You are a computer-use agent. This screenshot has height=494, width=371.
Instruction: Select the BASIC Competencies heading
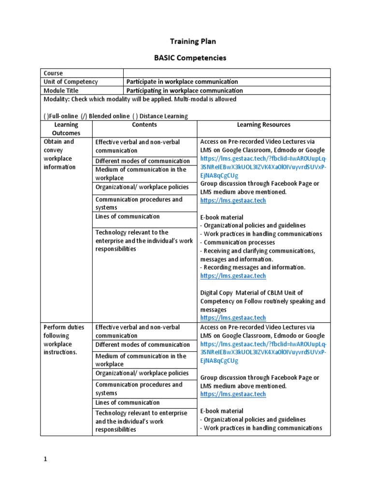(x=183, y=58)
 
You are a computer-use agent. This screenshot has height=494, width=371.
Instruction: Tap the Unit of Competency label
(x=71, y=82)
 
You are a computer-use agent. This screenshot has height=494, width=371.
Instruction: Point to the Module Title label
(x=61, y=90)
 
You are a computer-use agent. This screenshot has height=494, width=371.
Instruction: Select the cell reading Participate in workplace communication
(x=182, y=82)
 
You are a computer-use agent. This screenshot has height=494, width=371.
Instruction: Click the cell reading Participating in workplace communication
(x=185, y=90)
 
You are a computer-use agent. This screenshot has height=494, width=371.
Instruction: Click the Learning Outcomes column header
(x=66, y=129)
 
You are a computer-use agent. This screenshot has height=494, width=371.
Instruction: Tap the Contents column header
(x=144, y=124)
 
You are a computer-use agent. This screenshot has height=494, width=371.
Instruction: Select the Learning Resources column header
(x=263, y=124)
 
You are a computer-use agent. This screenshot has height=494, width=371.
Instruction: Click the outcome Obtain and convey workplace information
(x=60, y=154)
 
